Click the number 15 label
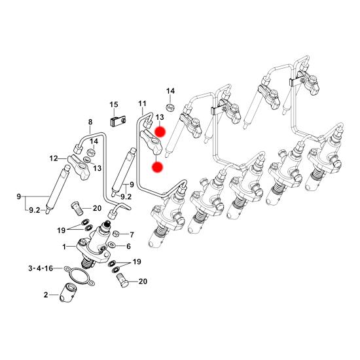(x=114, y=105)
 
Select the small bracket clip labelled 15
(x=118, y=121)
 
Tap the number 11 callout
(x=142, y=103)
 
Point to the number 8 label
(x=90, y=122)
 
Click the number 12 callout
(x=54, y=158)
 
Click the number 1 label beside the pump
(x=64, y=247)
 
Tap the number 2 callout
(x=46, y=295)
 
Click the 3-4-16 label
(x=41, y=268)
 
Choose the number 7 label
(x=132, y=235)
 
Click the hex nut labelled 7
(x=116, y=234)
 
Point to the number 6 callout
(x=128, y=246)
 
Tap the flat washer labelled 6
(x=111, y=245)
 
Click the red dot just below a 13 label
(x=160, y=132)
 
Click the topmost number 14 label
(x=170, y=91)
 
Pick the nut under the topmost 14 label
(x=170, y=107)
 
